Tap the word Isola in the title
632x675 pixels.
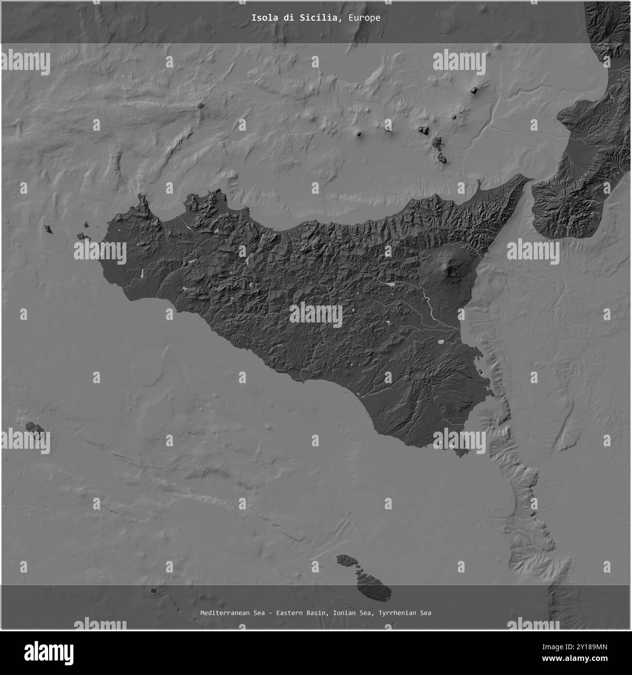coord(261,18)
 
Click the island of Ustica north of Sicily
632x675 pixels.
coord(200,105)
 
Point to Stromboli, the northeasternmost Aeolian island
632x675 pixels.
coord(473,90)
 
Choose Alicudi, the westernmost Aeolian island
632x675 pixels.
coord(359,134)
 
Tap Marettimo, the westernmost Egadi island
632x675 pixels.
coord(48,228)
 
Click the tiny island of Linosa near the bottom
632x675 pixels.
coord(154,591)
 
